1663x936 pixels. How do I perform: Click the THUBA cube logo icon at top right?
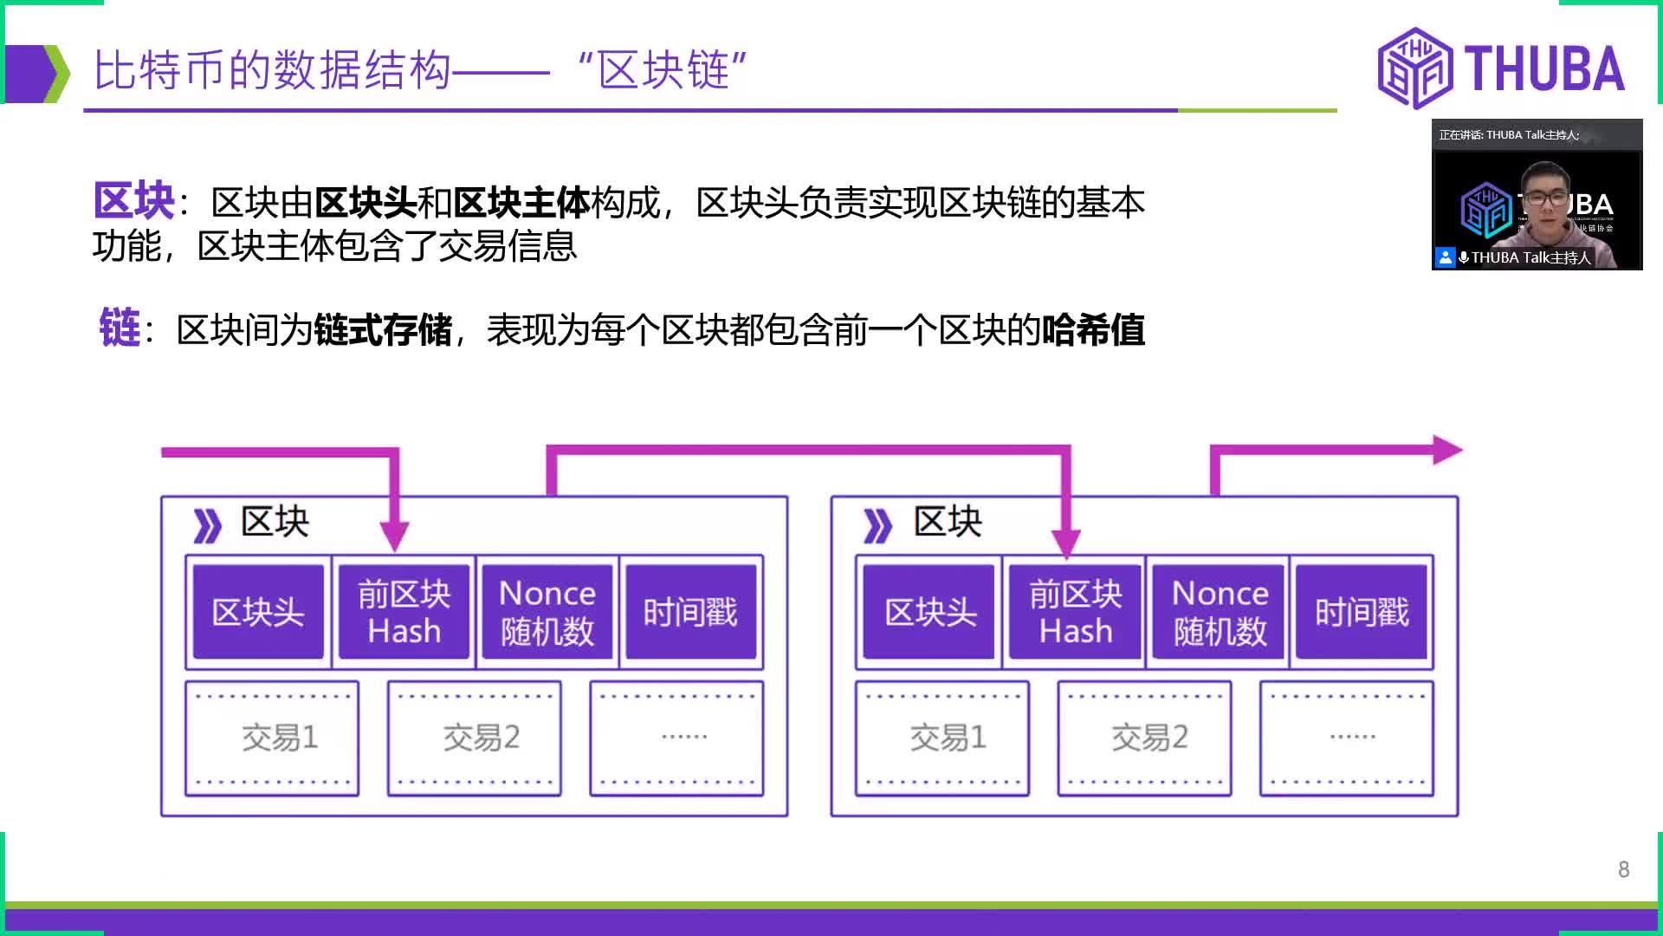(1414, 68)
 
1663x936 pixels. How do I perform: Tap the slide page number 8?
(1623, 869)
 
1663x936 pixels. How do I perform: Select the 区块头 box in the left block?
(258, 612)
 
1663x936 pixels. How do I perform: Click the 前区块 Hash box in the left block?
(404, 612)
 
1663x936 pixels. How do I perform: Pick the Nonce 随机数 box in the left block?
(547, 612)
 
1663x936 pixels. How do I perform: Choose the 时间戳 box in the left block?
(690, 612)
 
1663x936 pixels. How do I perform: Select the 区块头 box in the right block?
(929, 612)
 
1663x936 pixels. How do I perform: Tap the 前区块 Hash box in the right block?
(1075, 612)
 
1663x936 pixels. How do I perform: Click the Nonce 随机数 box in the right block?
(1219, 612)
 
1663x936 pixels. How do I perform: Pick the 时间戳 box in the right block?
(1362, 612)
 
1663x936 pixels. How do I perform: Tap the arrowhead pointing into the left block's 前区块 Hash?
(394, 535)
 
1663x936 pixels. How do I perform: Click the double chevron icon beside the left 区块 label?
(207, 525)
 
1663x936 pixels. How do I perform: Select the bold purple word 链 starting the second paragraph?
(120, 329)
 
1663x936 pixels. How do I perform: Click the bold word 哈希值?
(1093, 330)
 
